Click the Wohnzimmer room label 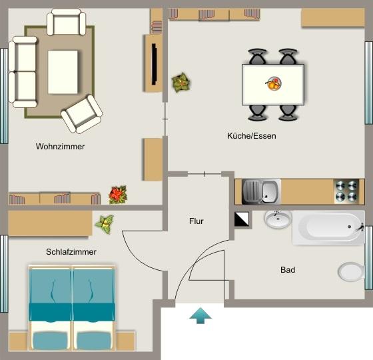click(61, 146)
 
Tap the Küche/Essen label click(251, 135)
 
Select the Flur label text click(196, 221)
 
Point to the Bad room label click(288, 270)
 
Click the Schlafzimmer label click(71, 252)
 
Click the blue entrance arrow click(200, 315)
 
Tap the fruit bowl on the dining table click(274, 84)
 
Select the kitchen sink click(262, 191)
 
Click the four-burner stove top click(346, 191)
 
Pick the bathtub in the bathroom click(328, 228)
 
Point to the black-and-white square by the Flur click(242, 219)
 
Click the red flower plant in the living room click(118, 195)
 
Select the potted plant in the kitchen click(181, 83)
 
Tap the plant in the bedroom click(104, 223)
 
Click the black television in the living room click(155, 64)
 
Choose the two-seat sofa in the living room click(23, 71)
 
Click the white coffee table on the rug click(63, 72)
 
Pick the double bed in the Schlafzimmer click(73, 308)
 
